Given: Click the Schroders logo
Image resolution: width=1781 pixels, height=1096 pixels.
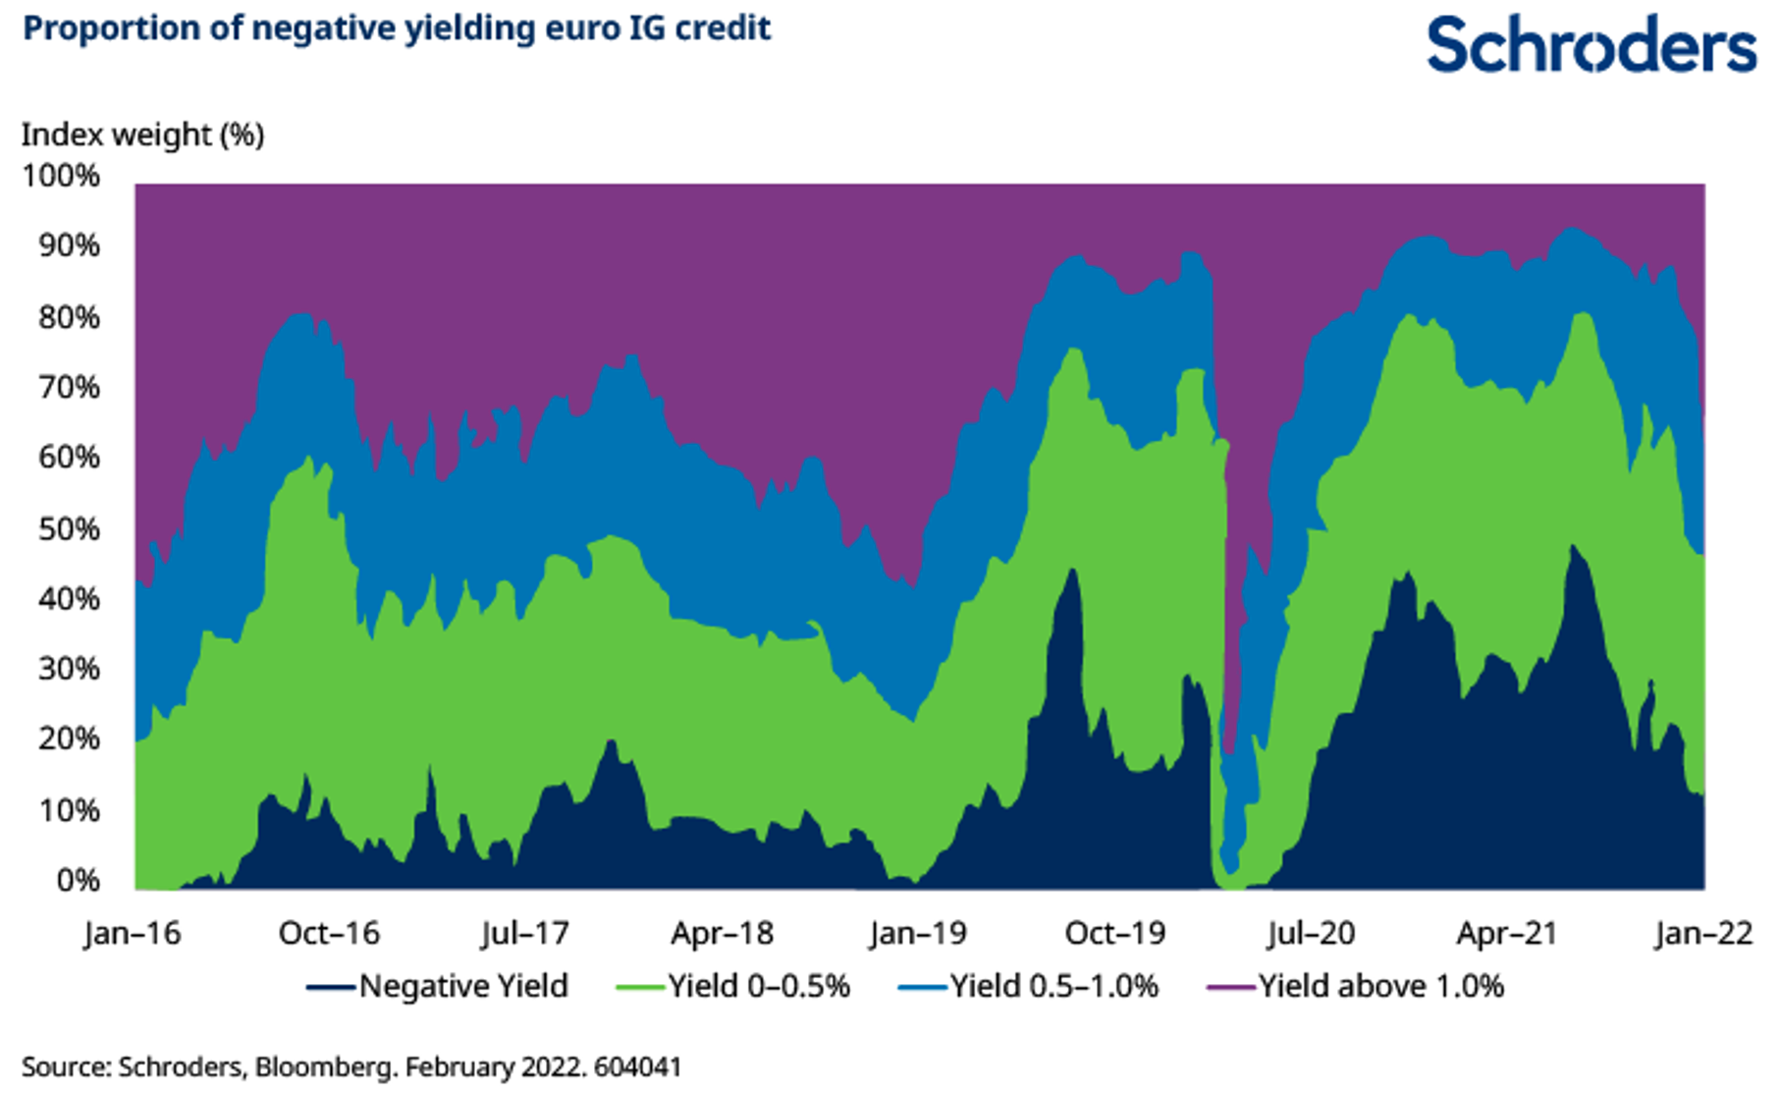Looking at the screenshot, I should pos(1591,45).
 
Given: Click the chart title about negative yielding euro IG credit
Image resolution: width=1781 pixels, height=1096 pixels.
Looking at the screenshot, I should pos(397,28).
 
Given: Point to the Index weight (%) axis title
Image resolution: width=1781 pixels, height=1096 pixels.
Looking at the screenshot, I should pos(143,135).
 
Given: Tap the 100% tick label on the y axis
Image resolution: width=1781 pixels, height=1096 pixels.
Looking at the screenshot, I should pos(61,176).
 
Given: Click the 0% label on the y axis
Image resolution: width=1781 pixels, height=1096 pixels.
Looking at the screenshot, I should pos(78,880).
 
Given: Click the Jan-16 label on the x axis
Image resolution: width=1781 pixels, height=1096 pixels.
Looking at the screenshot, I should pos(133,933).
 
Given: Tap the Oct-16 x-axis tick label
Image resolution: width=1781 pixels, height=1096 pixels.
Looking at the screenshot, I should pos(329,933).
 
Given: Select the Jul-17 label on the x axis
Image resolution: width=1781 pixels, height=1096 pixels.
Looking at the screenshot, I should pos(525,933).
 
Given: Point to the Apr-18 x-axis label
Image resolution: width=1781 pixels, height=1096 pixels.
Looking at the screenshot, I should pos(722,933).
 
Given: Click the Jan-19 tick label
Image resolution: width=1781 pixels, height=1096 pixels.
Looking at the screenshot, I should pos(918,933).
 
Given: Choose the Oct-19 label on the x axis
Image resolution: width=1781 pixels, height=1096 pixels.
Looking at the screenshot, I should pos(1115,933).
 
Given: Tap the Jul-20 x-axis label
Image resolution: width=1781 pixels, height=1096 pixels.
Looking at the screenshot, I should pos(1311,933).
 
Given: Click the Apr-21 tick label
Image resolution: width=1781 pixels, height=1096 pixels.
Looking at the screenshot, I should pos(1507,933).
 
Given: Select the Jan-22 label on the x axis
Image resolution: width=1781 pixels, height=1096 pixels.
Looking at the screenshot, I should pos(1703,933).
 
